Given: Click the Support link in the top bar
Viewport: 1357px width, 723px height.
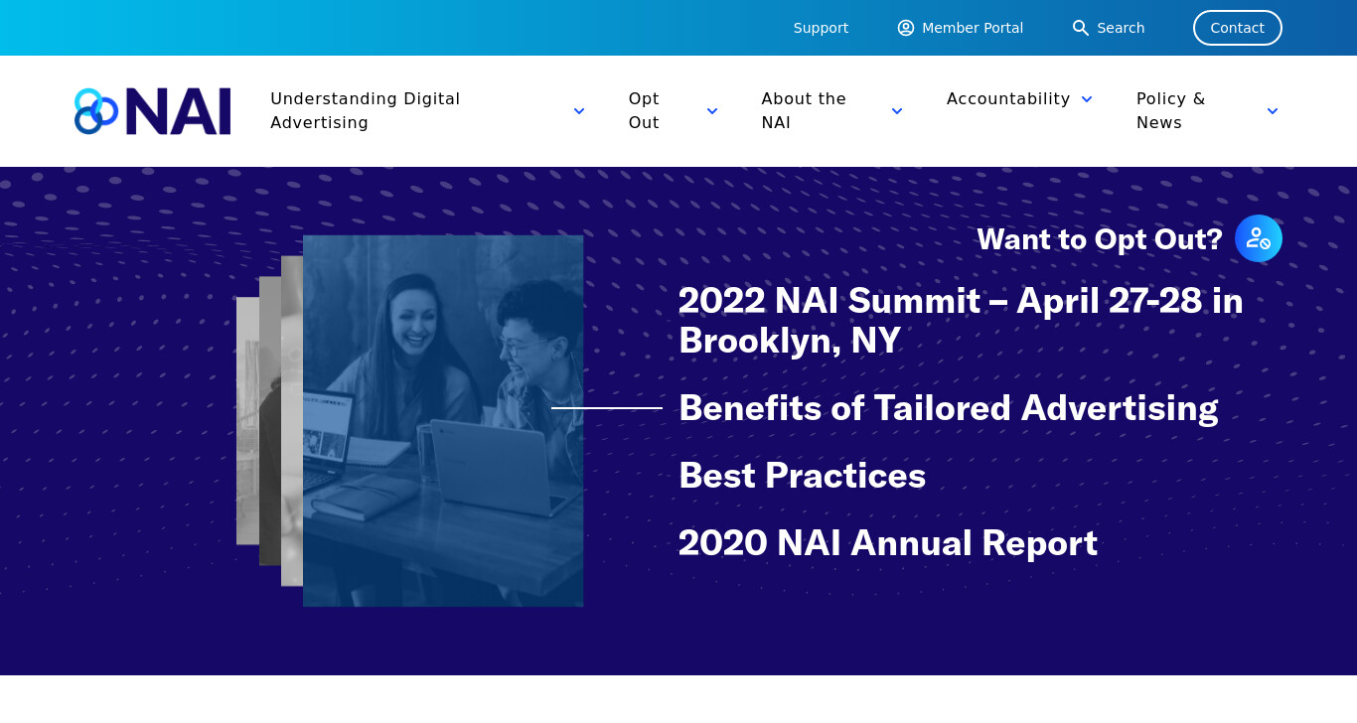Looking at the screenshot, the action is tap(821, 28).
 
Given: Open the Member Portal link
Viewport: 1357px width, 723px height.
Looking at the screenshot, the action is tap(961, 28).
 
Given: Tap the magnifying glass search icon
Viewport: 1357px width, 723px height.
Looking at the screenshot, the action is tap(1080, 28).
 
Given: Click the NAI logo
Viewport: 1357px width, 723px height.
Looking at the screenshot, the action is tap(153, 111).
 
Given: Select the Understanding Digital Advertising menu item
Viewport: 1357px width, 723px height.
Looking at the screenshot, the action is tap(366, 111).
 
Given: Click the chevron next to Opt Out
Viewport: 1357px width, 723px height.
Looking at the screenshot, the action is tap(712, 111).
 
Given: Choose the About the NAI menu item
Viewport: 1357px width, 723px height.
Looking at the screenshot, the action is tap(804, 111).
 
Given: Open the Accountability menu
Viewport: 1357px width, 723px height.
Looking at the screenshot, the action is tap(1008, 98).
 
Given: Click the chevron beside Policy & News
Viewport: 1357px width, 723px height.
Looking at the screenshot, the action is tap(1273, 111).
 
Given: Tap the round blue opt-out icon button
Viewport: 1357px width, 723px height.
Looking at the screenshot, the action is tap(1259, 238).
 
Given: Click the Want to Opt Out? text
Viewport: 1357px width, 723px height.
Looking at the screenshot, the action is tap(1100, 239).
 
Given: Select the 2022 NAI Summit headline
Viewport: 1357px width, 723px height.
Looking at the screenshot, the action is tap(961, 321).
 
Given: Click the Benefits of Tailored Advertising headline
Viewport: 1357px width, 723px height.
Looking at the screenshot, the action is tap(948, 408).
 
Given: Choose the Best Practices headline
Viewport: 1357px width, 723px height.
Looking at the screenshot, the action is tap(802, 476).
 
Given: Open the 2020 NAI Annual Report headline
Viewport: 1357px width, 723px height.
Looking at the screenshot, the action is tap(887, 543).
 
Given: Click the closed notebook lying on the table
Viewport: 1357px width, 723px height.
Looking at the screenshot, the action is tap(358, 497).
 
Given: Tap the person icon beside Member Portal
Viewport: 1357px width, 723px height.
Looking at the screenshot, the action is tap(906, 28).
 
